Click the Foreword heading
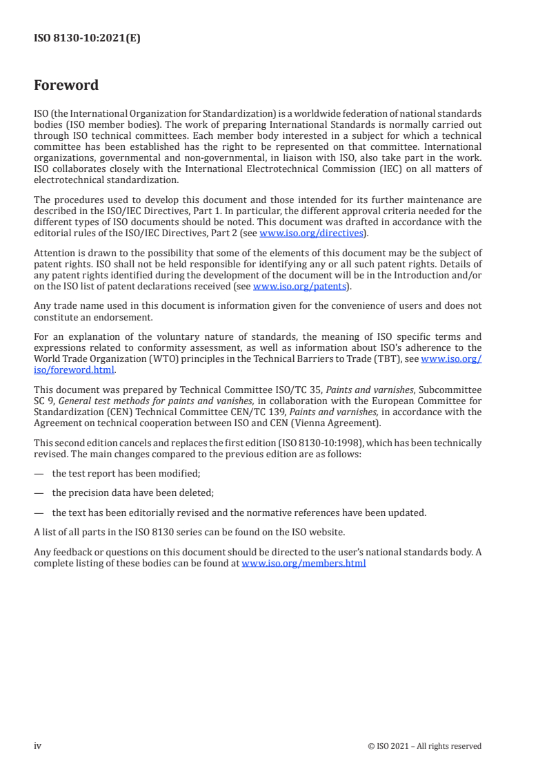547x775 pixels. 66,86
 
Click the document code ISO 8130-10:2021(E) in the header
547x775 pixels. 87,39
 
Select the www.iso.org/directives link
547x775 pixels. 310,233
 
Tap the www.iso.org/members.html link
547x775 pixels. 304,563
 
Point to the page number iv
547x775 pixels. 38,745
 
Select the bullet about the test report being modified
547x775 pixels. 126,473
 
